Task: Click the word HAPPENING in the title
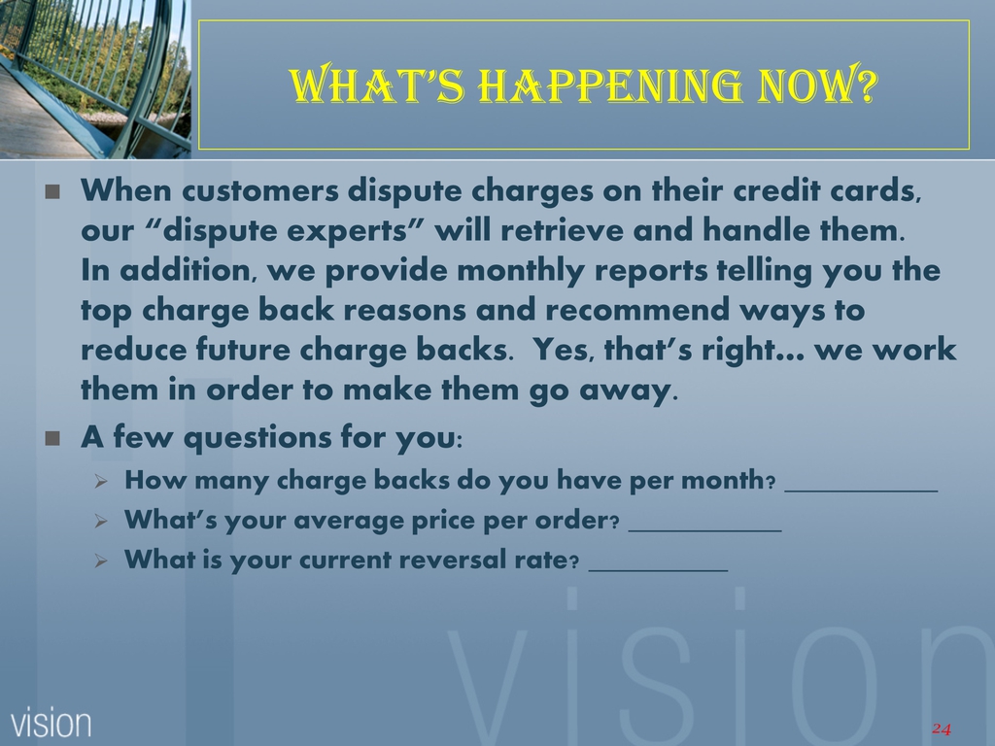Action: click(x=609, y=85)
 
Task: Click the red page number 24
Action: click(x=942, y=729)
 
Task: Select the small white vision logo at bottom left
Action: click(x=51, y=723)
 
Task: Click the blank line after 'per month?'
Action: click(x=861, y=491)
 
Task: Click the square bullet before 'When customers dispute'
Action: click(x=52, y=191)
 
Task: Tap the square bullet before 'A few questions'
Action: click(x=52, y=438)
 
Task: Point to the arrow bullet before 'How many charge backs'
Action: click(x=101, y=482)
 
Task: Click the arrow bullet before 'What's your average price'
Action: click(x=101, y=522)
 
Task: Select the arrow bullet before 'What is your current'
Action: click(x=101, y=561)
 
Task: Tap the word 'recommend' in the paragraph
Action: click(x=637, y=310)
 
